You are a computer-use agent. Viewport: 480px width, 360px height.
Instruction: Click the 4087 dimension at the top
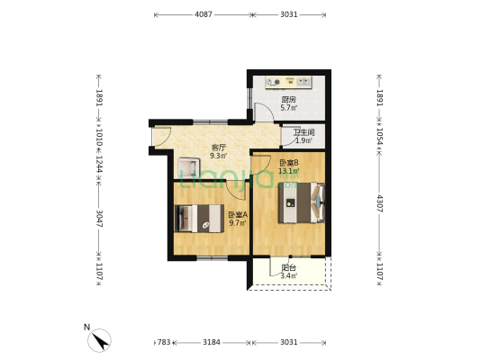tap(204, 14)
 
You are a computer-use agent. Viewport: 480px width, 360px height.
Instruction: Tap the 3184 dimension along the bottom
tap(212, 342)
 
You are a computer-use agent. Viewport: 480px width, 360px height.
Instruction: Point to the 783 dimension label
tap(164, 342)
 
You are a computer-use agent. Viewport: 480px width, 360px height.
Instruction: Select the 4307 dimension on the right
tap(380, 203)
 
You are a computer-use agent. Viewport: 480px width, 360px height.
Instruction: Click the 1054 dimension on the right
tap(380, 136)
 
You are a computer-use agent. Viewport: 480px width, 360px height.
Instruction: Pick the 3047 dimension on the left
tap(99, 218)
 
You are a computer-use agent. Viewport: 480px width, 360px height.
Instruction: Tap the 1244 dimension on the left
tap(99, 164)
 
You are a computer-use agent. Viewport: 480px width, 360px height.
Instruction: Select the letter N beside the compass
tap(87, 328)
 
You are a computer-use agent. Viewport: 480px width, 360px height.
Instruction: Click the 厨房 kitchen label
tap(289, 100)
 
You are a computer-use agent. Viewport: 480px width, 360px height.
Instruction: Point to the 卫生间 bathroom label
tap(304, 132)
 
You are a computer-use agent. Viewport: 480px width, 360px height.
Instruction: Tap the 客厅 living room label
tap(218, 148)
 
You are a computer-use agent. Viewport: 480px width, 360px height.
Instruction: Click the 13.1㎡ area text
tap(289, 171)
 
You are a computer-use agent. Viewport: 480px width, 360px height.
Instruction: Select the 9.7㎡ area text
tap(238, 222)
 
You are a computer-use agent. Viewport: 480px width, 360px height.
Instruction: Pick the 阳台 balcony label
tap(289, 268)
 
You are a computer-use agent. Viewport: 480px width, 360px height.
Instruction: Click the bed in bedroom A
tap(199, 219)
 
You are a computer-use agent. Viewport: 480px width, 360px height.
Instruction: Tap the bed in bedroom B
tap(301, 202)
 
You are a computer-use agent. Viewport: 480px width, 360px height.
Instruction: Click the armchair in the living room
tap(188, 166)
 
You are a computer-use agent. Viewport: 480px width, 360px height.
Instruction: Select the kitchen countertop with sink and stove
tap(289, 82)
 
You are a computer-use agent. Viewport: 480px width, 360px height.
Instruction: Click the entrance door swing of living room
tap(162, 137)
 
